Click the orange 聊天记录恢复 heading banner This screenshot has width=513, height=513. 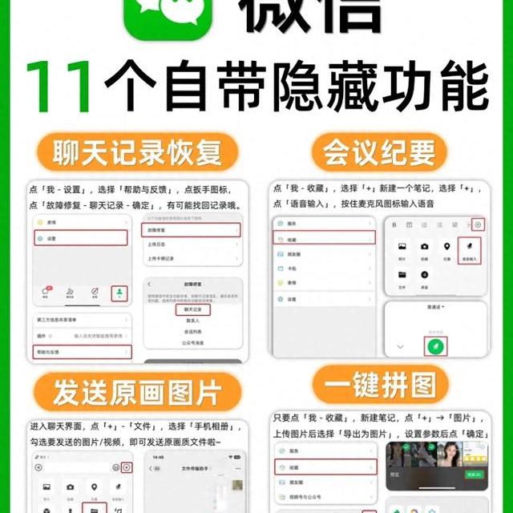[x=134, y=151]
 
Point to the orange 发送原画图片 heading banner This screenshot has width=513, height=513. [x=134, y=394]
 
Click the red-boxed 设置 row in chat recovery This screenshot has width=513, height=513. [x=80, y=238]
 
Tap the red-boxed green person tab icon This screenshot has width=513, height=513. [x=119, y=293]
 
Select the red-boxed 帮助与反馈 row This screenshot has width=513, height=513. [x=80, y=351]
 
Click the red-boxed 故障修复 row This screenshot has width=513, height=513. [x=191, y=231]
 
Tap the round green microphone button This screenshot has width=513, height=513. [x=434, y=347]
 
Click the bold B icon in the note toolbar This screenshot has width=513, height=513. [x=395, y=224]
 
